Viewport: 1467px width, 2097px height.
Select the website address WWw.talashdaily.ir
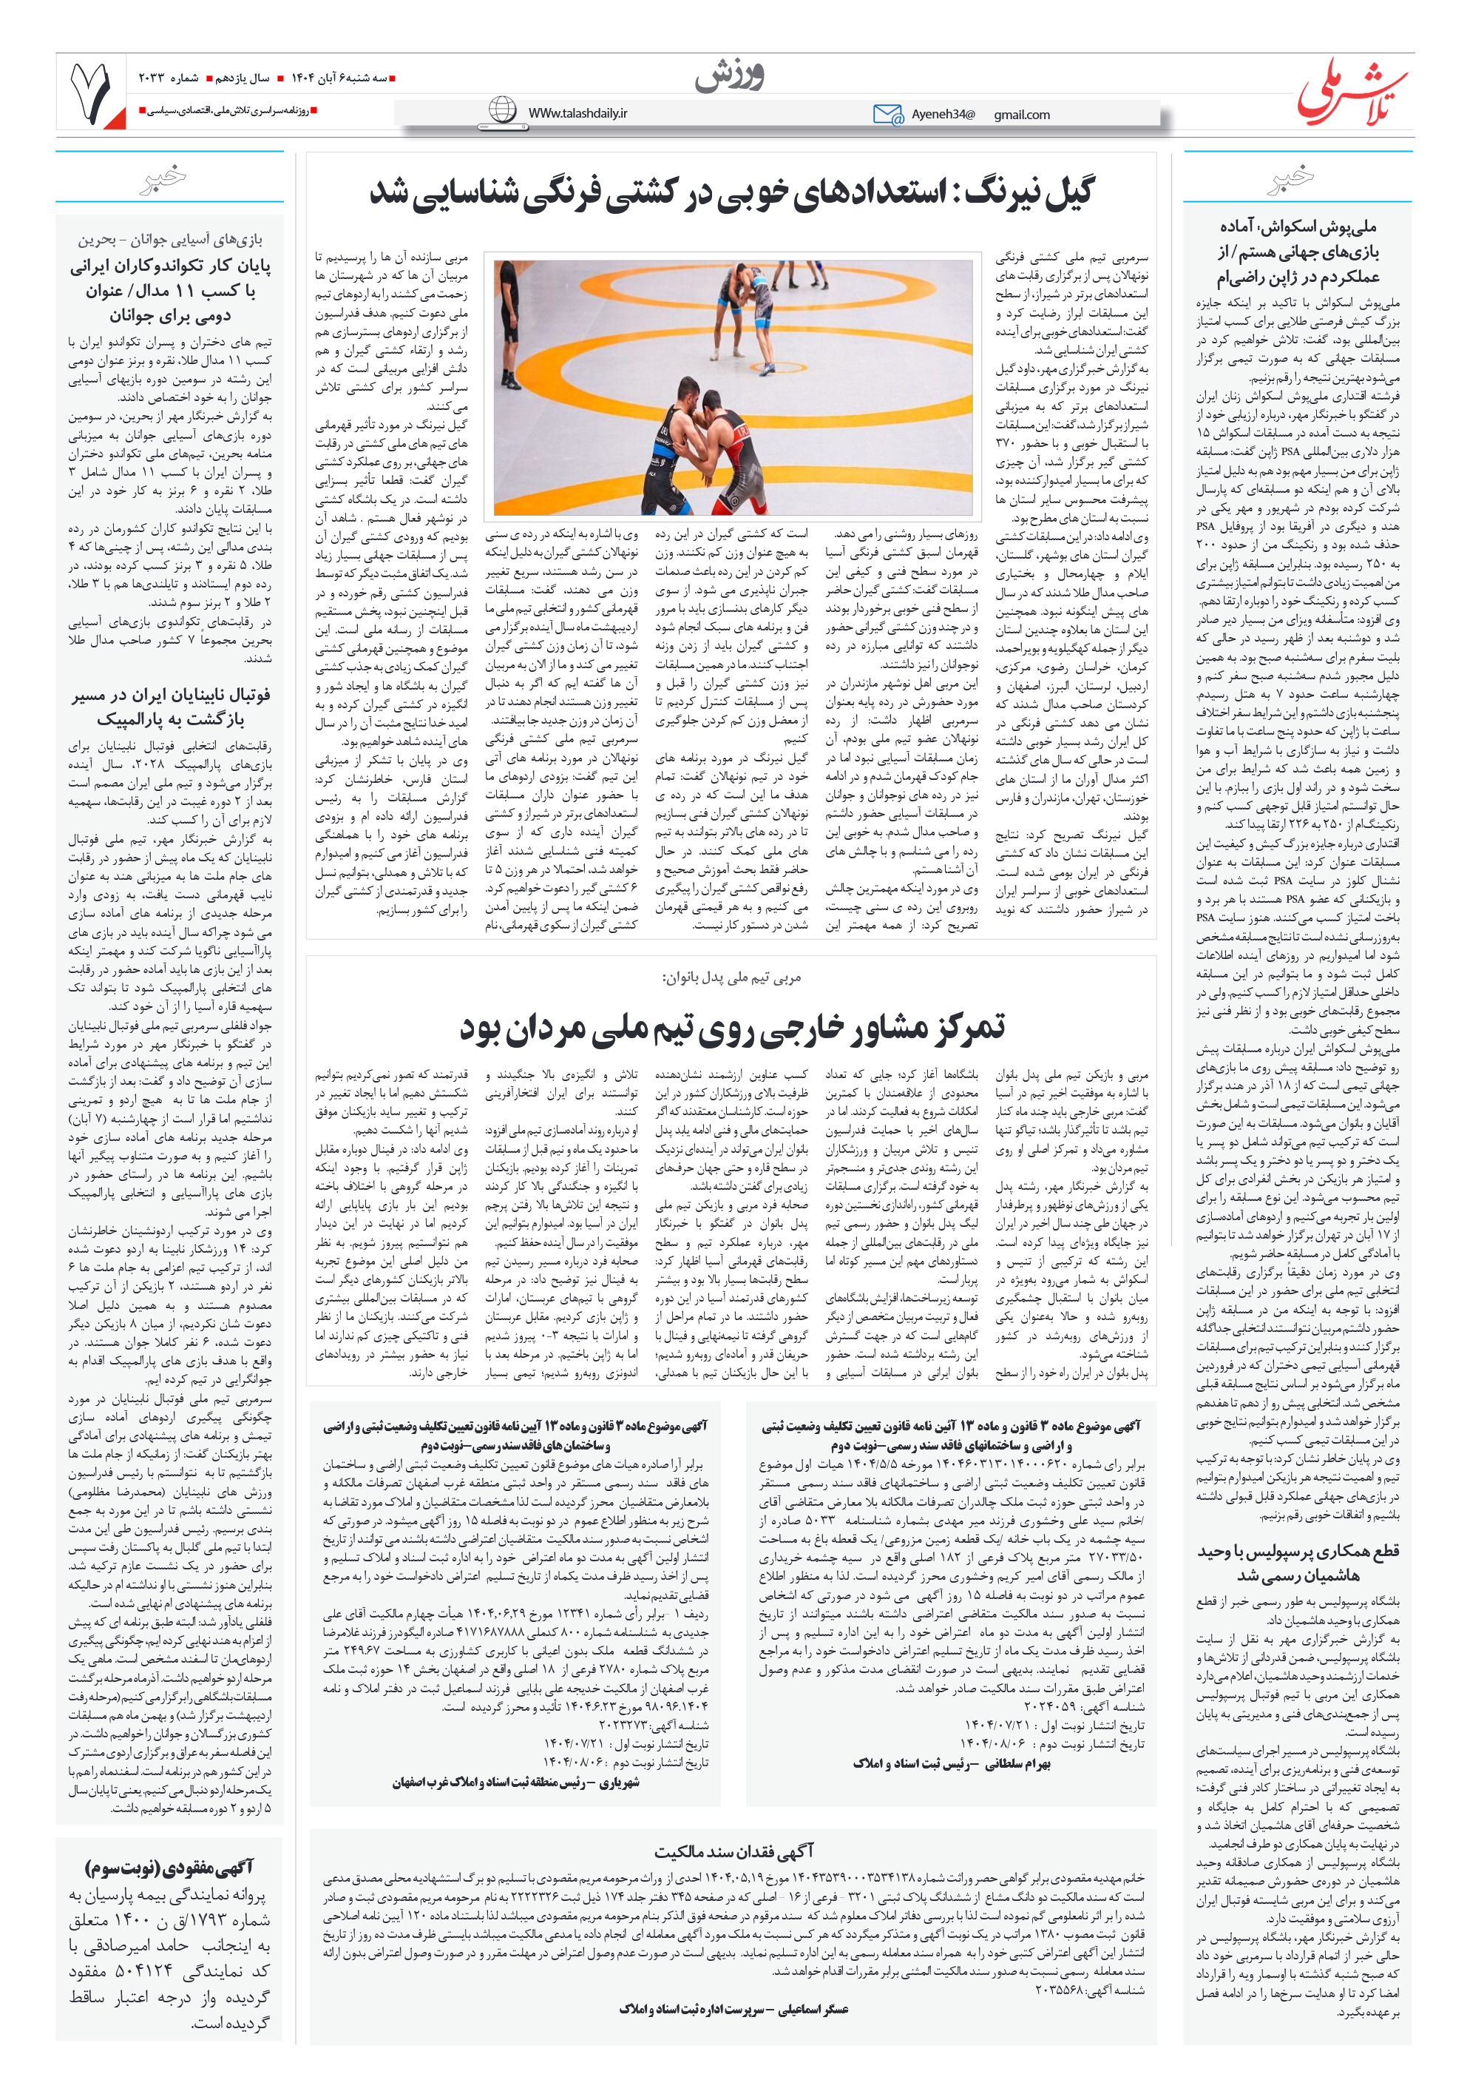577,113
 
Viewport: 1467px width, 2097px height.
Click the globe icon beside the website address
501,110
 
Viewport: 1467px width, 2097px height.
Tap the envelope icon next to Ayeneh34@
887,114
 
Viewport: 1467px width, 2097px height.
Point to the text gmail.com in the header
1022,115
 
